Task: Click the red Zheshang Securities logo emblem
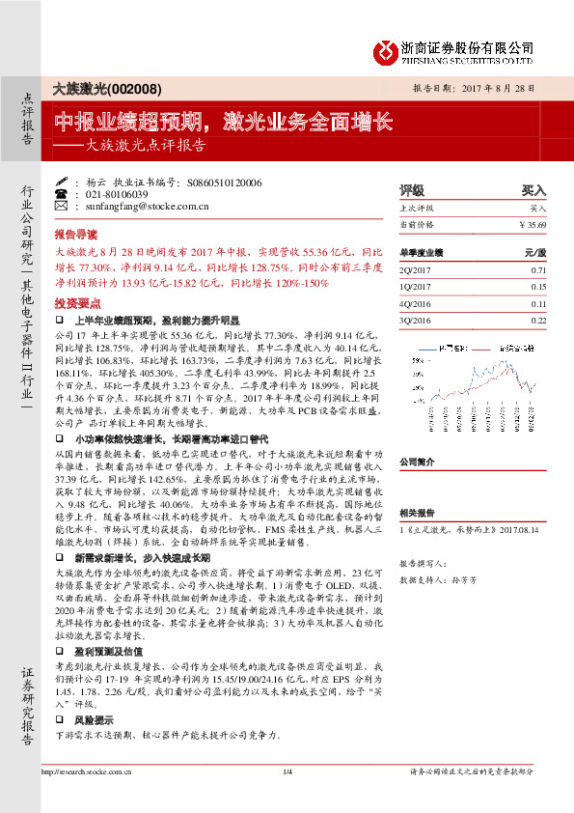(x=385, y=49)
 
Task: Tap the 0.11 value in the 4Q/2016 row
(x=538, y=303)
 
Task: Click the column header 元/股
(x=535, y=252)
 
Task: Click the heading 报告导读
(x=76, y=235)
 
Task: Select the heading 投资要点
(x=76, y=302)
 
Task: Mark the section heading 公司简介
(x=419, y=463)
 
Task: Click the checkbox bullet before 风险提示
(x=60, y=720)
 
